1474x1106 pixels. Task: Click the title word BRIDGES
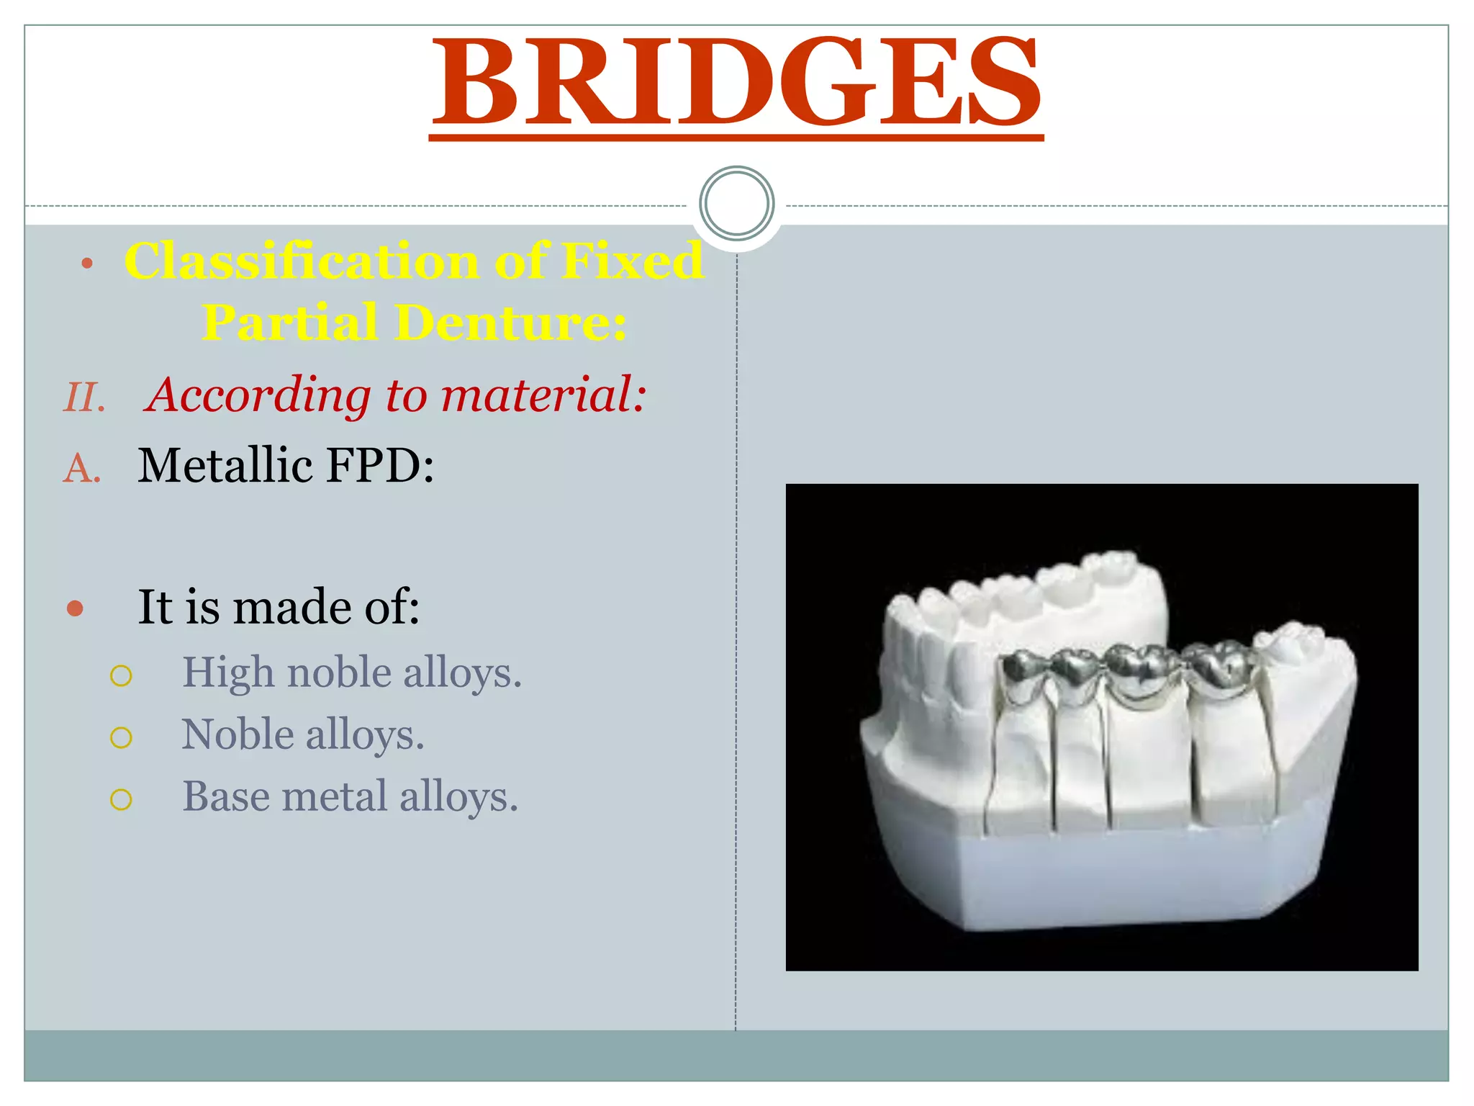(x=736, y=81)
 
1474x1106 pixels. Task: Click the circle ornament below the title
(x=736, y=204)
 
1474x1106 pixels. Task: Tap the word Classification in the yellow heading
(x=302, y=261)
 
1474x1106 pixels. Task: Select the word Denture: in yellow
(x=510, y=322)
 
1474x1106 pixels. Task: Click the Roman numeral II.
(x=84, y=397)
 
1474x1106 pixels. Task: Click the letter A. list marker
(x=81, y=469)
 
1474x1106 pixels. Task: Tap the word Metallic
(x=225, y=465)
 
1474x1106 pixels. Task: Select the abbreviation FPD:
(x=380, y=465)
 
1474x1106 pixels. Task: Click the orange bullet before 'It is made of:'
(x=75, y=609)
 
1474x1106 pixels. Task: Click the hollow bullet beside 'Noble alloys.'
(x=121, y=737)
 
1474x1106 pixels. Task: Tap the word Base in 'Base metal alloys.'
(x=225, y=796)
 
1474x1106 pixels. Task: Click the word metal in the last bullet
(x=335, y=796)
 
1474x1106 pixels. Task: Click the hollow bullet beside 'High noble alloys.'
(x=121, y=675)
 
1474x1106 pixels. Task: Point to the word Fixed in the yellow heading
(x=632, y=261)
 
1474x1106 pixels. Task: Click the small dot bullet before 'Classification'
(x=87, y=264)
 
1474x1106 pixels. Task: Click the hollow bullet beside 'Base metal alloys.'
(x=121, y=799)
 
